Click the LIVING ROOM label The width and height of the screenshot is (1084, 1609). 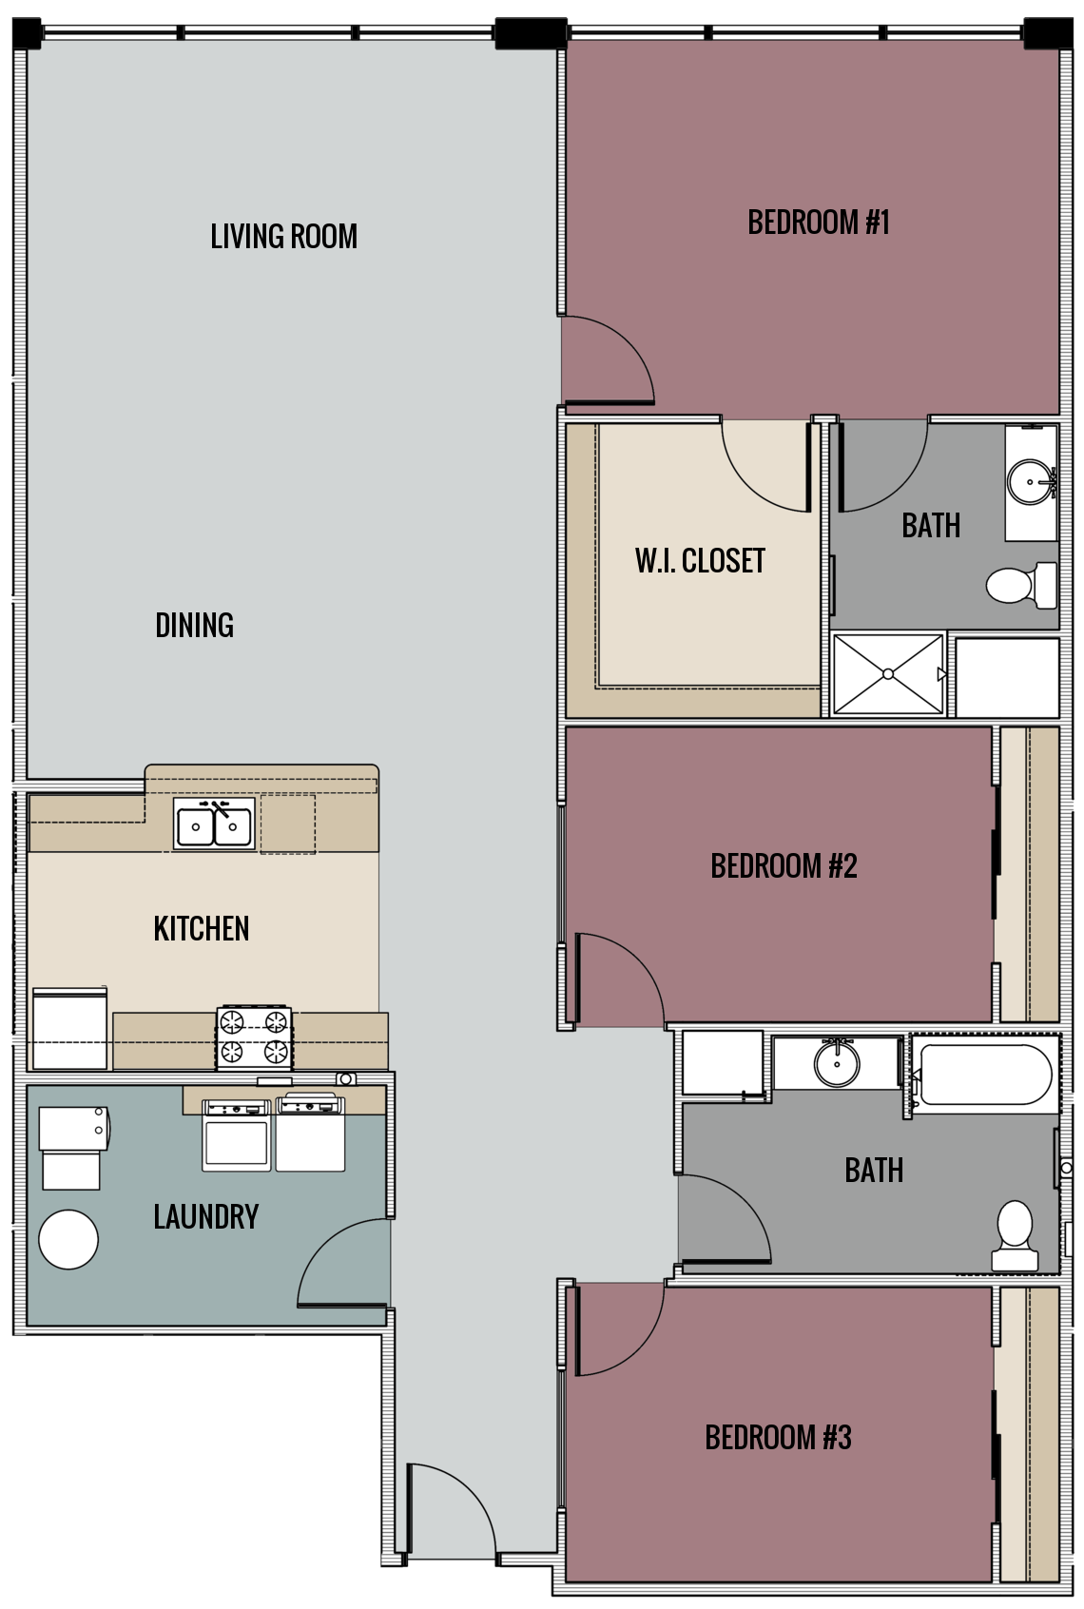(x=283, y=236)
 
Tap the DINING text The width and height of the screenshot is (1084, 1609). (x=194, y=625)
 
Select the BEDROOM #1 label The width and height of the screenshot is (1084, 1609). (x=818, y=223)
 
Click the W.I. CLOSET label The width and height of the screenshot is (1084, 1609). (x=700, y=560)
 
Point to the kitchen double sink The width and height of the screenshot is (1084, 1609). (x=214, y=824)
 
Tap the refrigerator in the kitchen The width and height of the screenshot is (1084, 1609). (x=69, y=1028)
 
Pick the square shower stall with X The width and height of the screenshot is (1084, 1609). (x=887, y=673)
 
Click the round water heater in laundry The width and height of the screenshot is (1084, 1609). (x=68, y=1239)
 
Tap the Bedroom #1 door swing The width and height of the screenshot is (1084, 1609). (x=606, y=359)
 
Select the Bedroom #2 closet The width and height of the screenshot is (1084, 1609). (x=1029, y=873)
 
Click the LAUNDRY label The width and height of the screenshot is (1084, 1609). (x=205, y=1216)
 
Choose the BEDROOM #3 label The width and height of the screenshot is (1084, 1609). (x=777, y=1436)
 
